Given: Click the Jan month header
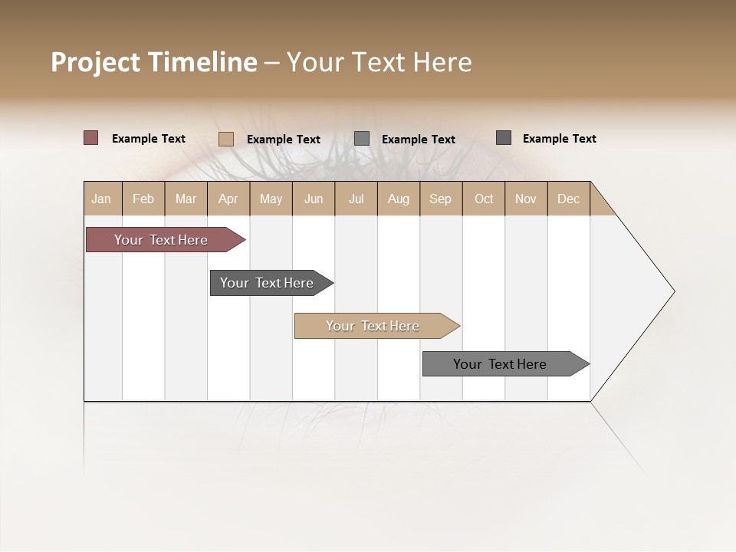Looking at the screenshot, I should pyautogui.click(x=102, y=199).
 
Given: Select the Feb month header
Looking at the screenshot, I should pyautogui.click(x=143, y=199).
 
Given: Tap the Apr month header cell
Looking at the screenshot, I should pyautogui.click(x=228, y=199).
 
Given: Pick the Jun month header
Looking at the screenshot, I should pyautogui.click(x=314, y=199).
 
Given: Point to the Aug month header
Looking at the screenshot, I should pyautogui.click(x=399, y=199).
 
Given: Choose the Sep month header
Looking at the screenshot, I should pyautogui.click(x=441, y=199).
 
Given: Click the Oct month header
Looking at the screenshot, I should pyautogui.click(x=484, y=199).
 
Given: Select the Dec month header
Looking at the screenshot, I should pyautogui.click(x=569, y=199).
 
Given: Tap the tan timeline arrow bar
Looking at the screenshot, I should pyautogui.click(x=373, y=326).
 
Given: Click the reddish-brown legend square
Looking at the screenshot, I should pyautogui.click(x=91, y=138).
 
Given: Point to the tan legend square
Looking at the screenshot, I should pyautogui.click(x=226, y=139).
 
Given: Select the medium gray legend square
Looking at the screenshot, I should pyautogui.click(x=362, y=139).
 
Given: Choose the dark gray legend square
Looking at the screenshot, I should pyautogui.click(x=504, y=138).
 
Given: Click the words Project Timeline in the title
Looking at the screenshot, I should pyautogui.click(x=154, y=62).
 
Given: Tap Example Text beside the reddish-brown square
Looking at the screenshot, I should pyautogui.click(x=149, y=139).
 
